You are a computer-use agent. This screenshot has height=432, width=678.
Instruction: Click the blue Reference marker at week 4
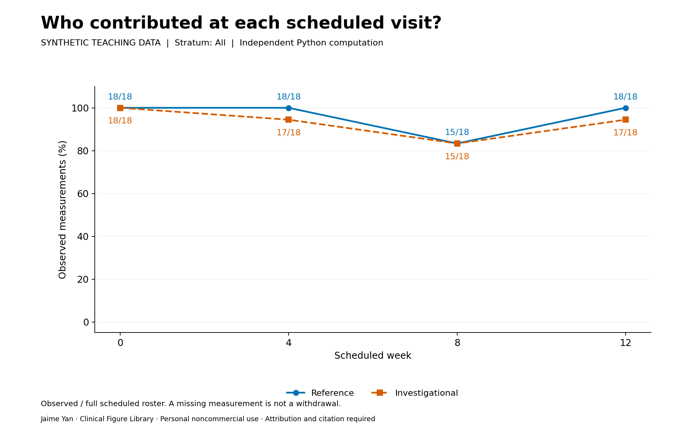pyautogui.click(x=289, y=108)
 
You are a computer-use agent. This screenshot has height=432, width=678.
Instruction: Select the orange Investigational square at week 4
pyautogui.click(x=289, y=120)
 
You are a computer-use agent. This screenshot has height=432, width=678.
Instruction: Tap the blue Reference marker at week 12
pyautogui.click(x=625, y=108)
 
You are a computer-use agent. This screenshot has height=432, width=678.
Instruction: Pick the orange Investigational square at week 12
pyautogui.click(x=625, y=120)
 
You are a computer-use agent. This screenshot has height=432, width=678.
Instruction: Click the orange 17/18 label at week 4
pyautogui.click(x=289, y=133)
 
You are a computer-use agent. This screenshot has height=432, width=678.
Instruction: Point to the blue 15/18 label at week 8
pyautogui.click(x=457, y=132)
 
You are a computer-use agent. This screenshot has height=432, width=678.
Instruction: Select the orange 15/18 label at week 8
pyautogui.click(x=457, y=157)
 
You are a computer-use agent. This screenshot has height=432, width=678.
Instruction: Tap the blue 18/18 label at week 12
pyautogui.click(x=625, y=97)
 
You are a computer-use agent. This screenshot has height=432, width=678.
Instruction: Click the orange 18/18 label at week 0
pyautogui.click(x=120, y=121)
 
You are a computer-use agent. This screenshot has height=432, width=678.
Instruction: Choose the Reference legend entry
pyautogui.click(x=320, y=393)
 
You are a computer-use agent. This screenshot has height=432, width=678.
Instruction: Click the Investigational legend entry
pyautogui.click(x=415, y=393)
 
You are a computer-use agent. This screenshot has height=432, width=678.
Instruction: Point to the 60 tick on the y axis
pyautogui.click(x=83, y=194)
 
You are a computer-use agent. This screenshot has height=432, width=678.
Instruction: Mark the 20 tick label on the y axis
pyautogui.click(x=83, y=279)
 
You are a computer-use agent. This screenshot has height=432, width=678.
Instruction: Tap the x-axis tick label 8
pyautogui.click(x=457, y=343)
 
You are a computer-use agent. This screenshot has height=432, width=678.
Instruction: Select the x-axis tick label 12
pyautogui.click(x=625, y=343)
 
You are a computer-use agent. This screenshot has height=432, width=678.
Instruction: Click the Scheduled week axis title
pyautogui.click(x=373, y=356)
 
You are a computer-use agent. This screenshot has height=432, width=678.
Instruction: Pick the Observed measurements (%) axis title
pyautogui.click(x=62, y=209)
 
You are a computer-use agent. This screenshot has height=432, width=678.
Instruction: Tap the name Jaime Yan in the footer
pyautogui.click(x=57, y=419)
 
